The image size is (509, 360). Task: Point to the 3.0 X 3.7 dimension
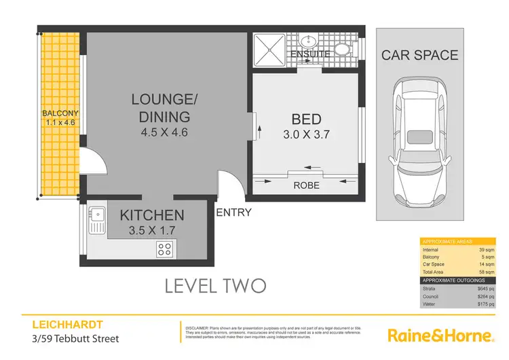tap(305, 134)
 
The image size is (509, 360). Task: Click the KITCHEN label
tap(152, 215)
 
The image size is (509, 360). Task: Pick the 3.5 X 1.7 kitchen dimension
tap(152, 230)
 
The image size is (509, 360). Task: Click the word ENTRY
tap(233, 213)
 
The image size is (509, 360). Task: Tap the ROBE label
tap(306, 185)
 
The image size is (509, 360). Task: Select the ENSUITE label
tap(310, 53)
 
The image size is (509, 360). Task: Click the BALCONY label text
tap(61, 113)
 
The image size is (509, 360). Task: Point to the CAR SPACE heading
tap(419, 55)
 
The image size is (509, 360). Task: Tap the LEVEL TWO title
tap(216, 285)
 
